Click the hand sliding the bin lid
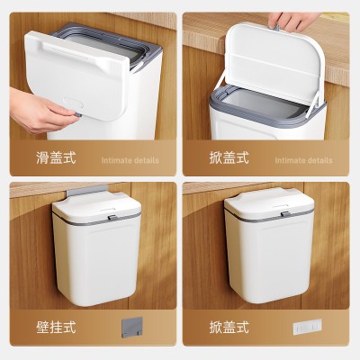pos(40,110)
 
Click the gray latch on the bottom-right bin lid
pos(281,215)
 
